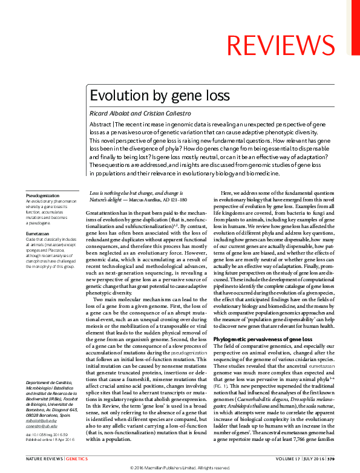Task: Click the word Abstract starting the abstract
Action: (100, 123)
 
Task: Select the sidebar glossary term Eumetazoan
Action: (38, 232)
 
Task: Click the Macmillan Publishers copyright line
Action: (180, 468)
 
